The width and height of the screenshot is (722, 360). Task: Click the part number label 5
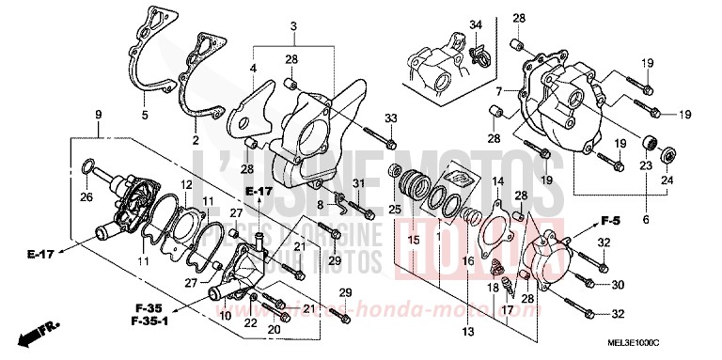tap(144, 116)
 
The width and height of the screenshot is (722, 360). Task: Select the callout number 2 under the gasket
tap(196, 140)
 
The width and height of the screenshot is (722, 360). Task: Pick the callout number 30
tap(617, 284)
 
